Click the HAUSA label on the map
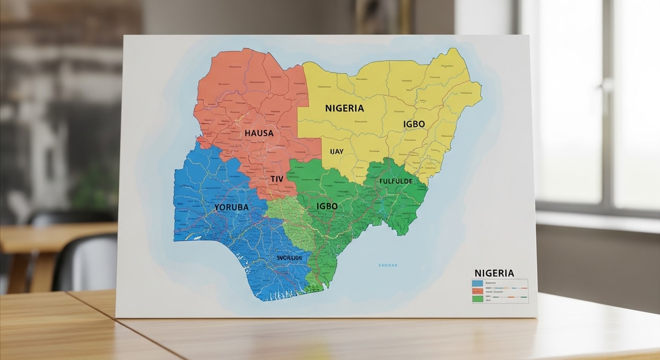point(259,133)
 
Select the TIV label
point(277,179)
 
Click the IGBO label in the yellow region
point(414,124)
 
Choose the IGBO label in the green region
point(327,206)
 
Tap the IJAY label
point(337,151)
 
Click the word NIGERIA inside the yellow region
point(344,108)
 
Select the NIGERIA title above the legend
point(494,273)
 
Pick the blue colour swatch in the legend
point(477,284)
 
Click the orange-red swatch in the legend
point(477,291)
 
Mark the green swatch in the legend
point(477,298)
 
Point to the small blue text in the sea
point(388,265)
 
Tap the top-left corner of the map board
point(125,36)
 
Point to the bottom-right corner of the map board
point(536,317)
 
